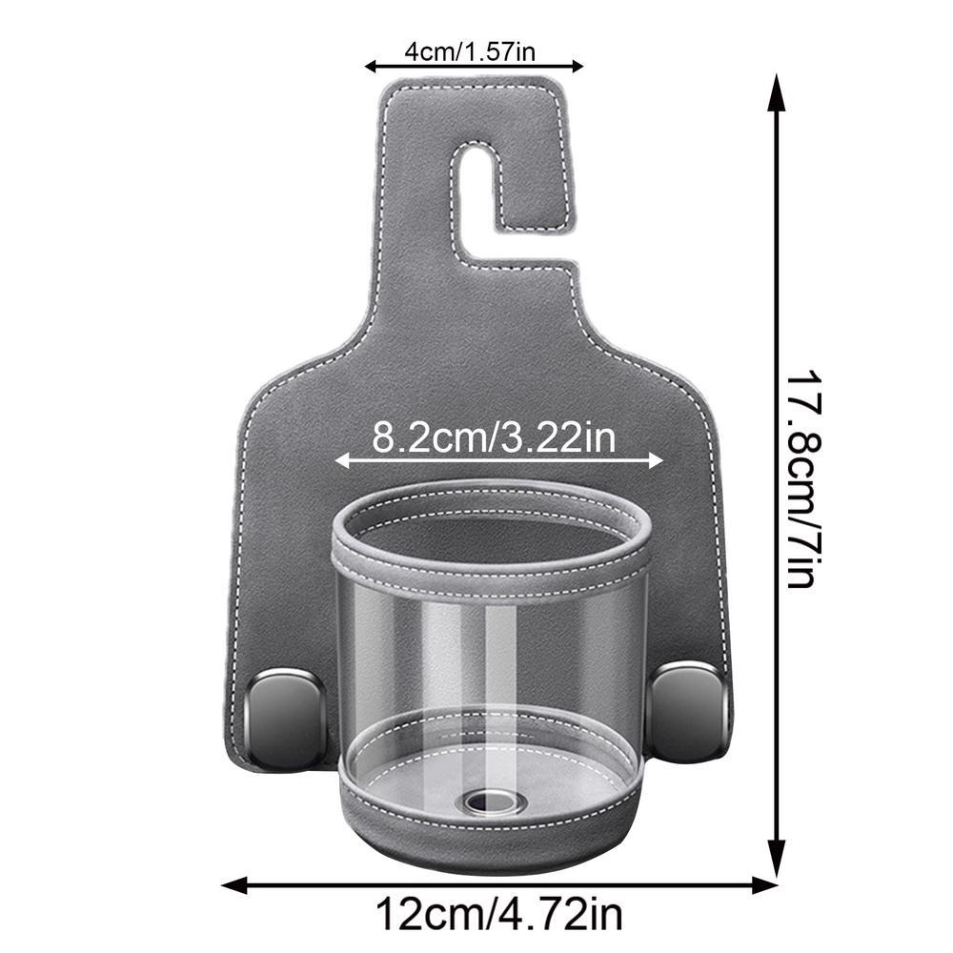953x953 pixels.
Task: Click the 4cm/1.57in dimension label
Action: (x=474, y=51)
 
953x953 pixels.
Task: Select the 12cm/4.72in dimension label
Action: (x=498, y=916)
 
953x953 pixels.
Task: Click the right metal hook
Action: (x=689, y=710)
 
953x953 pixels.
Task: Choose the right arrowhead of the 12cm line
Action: (x=768, y=885)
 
